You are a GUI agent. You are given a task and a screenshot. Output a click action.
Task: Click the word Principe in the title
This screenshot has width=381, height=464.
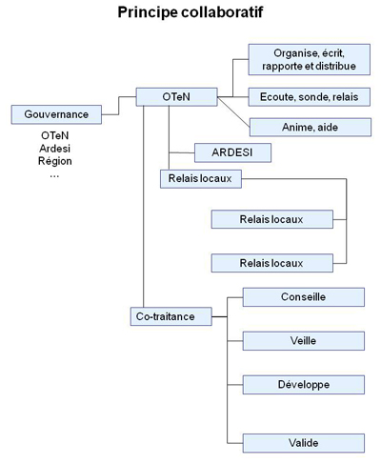click(x=148, y=12)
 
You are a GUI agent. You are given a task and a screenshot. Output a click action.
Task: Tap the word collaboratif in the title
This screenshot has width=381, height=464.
click(x=222, y=12)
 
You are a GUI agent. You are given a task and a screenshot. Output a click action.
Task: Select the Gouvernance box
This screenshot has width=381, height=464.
click(x=56, y=114)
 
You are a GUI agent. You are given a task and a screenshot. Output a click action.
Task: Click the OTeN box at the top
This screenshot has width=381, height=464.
click(x=176, y=97)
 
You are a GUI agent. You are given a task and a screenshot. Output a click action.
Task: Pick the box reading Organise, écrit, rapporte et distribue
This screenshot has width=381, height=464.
click(x=310, y=59)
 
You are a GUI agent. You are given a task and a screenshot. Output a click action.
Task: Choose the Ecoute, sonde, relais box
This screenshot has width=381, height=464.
click(x=310, y=97)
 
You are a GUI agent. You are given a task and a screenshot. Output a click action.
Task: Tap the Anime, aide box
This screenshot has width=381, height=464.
click(x=311, y=128)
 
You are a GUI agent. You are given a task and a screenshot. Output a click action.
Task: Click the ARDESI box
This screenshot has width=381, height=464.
click(x=232, y=152)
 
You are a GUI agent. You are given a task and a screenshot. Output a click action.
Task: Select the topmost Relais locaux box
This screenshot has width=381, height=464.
click(x=201, y=179)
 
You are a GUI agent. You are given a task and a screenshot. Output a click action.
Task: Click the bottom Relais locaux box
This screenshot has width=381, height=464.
click(x=272, y=263)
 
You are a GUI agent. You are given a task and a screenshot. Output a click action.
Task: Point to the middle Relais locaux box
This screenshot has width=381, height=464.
click(x=272, y=219)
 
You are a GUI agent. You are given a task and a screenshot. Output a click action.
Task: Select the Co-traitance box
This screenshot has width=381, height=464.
click(x=171, y=316)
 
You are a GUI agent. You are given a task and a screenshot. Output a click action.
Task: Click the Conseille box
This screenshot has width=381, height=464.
click(x=304, y=297)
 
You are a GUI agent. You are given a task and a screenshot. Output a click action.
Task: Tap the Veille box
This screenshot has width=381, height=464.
click(x=304, y=341)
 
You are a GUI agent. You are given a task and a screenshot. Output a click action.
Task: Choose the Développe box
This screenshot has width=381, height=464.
click(x=304, y=385)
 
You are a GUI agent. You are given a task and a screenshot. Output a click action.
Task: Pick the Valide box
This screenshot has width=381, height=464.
click(x=304, y=443)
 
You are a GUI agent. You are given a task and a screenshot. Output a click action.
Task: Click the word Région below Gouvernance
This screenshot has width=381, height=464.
click(x=55, y=161)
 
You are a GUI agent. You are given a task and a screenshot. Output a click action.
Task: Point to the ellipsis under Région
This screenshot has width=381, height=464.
click(x=54, y=175)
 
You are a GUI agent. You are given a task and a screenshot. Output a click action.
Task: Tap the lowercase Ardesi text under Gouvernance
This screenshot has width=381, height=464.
click(x=55, y=149)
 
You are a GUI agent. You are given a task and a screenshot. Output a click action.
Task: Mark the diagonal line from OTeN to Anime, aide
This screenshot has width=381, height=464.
click(x=233, y=112)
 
